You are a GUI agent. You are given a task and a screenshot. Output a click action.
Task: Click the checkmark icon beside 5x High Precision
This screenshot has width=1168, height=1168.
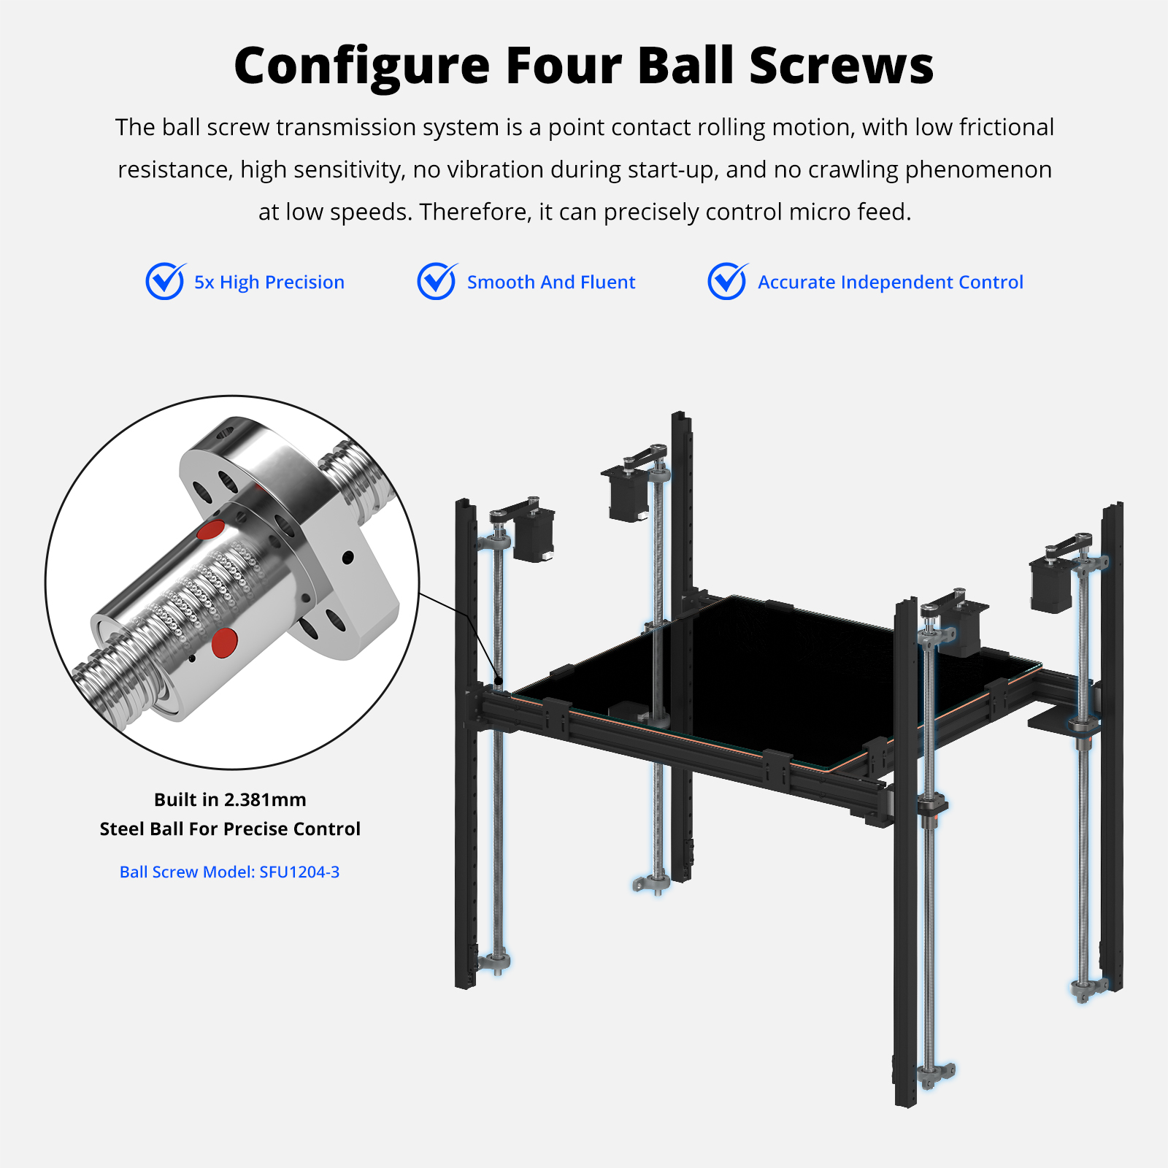point(166,281)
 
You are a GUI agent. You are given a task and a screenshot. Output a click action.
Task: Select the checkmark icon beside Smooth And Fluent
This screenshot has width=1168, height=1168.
point(437,281)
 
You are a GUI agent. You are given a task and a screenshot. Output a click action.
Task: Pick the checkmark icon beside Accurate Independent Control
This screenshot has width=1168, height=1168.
point(728,281)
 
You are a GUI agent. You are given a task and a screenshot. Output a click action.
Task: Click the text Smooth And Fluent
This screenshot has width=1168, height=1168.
point(551,282)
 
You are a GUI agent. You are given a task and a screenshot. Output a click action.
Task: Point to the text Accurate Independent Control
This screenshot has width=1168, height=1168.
point(891,282)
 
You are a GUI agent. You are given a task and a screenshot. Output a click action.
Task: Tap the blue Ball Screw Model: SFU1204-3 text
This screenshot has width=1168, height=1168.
point(229,872)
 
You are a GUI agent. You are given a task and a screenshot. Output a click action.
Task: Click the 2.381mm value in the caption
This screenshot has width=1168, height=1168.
point(265,799)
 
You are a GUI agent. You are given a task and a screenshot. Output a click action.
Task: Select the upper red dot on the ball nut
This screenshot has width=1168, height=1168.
point(211,530)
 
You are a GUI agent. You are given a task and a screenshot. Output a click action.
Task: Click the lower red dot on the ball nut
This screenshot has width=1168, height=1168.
point(224,642)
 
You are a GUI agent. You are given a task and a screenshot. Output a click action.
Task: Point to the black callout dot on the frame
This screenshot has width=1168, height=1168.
point(498,681)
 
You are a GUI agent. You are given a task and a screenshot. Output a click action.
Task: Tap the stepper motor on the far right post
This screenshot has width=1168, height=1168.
point(1052,583)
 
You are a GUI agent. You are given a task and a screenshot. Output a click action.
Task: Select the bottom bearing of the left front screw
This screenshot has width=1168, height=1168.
point(496,962)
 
